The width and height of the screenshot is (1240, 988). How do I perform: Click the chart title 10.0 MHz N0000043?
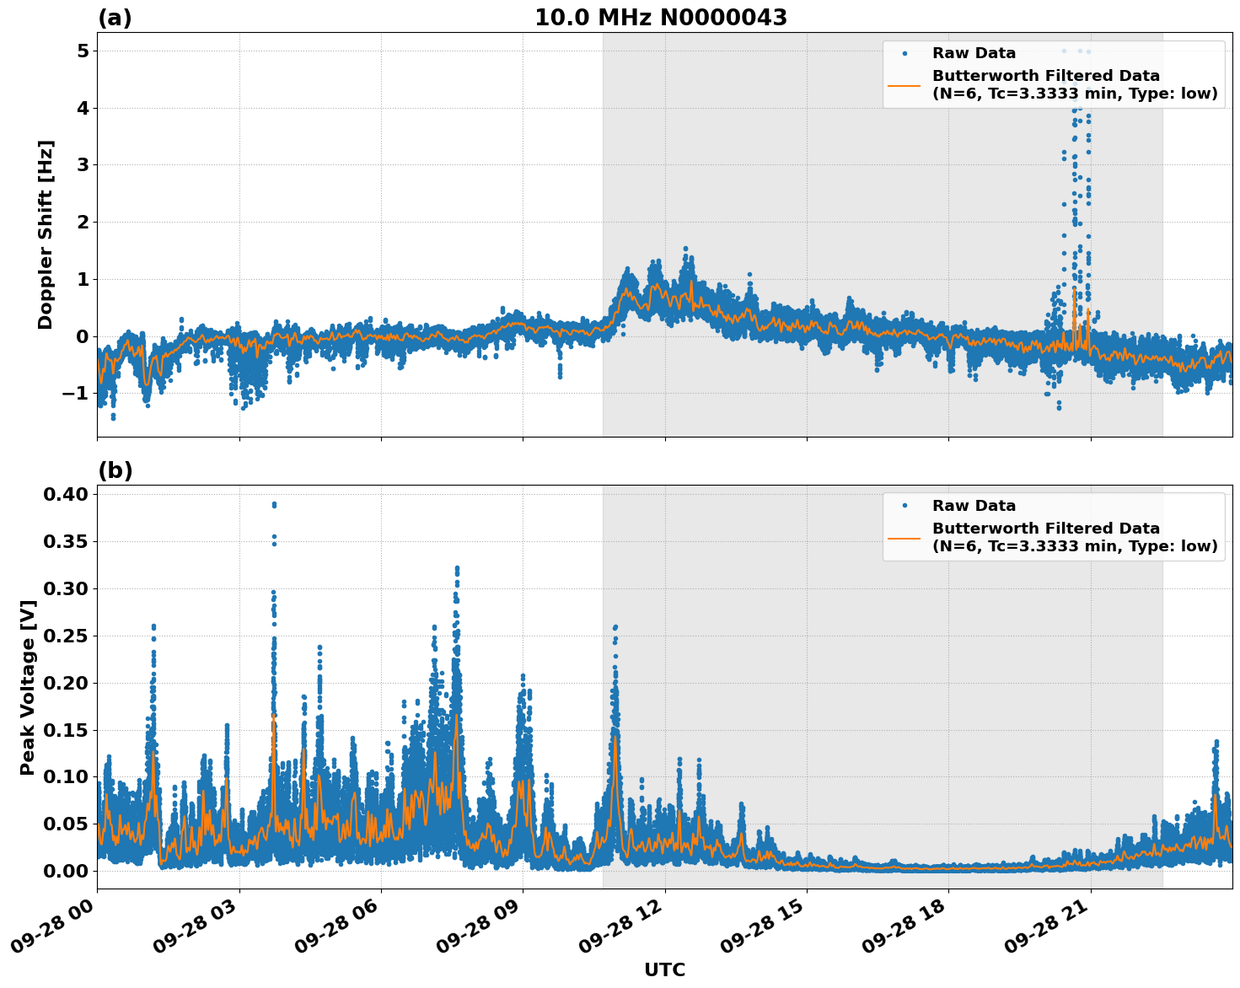tap(661, 18)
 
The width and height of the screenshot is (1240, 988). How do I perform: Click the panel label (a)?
tap(115, 18)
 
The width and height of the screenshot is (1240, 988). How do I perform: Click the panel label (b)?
tap(115, 470)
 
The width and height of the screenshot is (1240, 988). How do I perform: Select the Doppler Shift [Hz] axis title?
tap(46, 234)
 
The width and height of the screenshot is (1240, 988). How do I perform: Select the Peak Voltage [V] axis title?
tap(28, 687)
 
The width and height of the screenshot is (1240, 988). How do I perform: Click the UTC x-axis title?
tap(664, 969)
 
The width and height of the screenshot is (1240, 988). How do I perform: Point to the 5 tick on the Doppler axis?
tap(83, 51)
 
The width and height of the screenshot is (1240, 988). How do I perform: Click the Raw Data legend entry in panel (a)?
tap(974, 53)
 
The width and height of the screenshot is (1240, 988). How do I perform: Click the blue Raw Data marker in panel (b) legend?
tap(905, 506)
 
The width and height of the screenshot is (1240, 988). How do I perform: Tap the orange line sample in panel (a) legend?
tap(905, 85)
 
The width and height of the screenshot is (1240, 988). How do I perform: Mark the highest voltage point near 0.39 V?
tap(274, 504)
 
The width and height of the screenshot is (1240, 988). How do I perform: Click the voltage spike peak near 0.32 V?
tap(457, 570)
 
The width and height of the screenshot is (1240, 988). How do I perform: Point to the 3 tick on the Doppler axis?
tap(83, 165)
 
